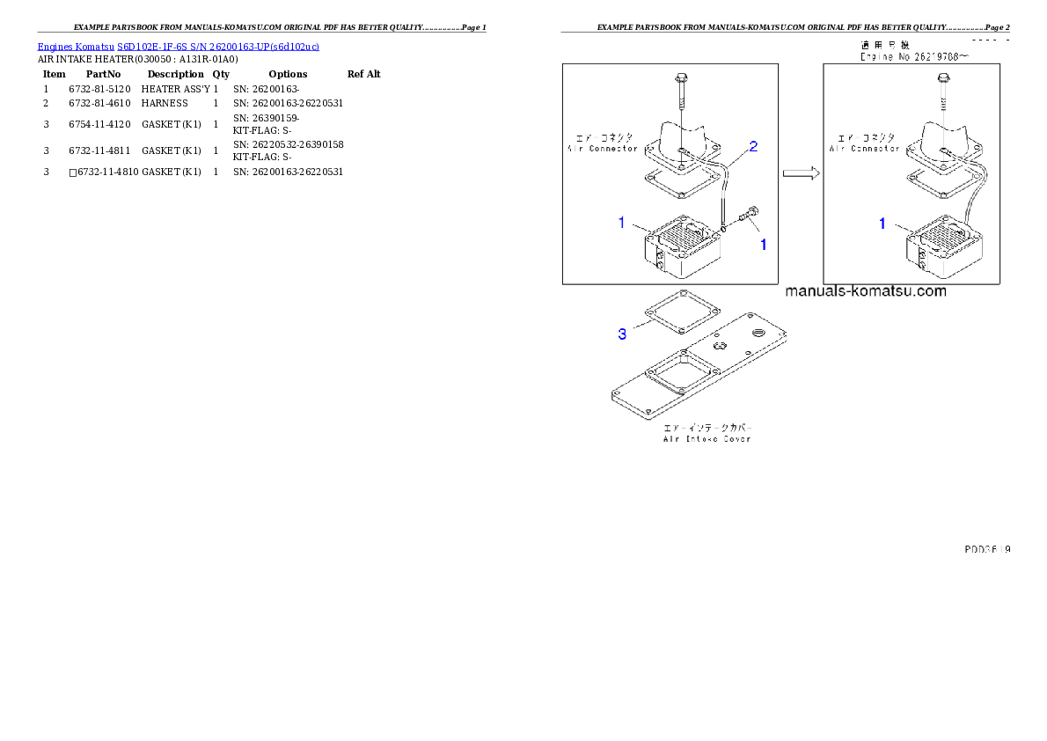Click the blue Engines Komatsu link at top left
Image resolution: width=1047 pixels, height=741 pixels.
click(x=178, y=47)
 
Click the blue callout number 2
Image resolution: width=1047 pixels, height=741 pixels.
click(x=753, y=147)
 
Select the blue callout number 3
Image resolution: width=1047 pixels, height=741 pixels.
click(x=622, y=334)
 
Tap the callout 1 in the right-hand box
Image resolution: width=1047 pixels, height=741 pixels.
click(x=882, y=224)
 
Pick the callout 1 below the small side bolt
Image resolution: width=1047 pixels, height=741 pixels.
click(x=763, y=245)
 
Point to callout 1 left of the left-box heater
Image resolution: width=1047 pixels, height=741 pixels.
click(x=621, y=223)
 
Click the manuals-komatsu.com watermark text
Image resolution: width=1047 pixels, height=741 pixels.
click(x=865, y=291)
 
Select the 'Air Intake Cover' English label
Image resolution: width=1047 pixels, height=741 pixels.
click(x=707, y=438)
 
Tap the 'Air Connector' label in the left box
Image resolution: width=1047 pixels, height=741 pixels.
click(x=602, y=149)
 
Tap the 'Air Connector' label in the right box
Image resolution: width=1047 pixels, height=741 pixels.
click(x=864, y=149)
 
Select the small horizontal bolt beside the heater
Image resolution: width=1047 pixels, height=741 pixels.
click(x=750, y=214)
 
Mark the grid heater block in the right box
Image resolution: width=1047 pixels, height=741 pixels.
click(x=942, y=246)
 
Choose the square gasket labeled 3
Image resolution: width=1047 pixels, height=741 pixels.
click(x=683, y=312)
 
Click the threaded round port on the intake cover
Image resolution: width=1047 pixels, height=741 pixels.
click(x=756, y=333)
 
